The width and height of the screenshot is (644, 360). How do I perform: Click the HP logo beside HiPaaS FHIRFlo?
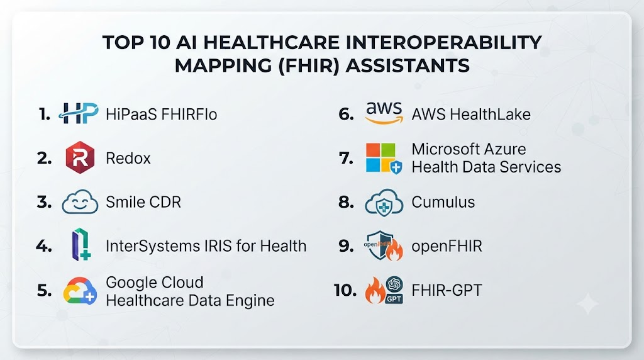[x=79, y=113]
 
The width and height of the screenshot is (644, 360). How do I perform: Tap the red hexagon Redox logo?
[x=80, y=157]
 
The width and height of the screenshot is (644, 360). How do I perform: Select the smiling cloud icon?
[x=80, y=202]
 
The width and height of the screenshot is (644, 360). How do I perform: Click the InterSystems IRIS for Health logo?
[x=81, y=245]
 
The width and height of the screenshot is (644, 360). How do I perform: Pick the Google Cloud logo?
[x=80, y=291]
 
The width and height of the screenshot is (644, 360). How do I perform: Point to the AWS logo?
[x=384, y=113]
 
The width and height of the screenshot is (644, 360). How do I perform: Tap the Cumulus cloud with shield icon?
[x=384, y=202]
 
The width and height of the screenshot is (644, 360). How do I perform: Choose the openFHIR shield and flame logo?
[x=383, y=245]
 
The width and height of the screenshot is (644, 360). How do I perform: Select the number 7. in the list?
[x=347, y=158]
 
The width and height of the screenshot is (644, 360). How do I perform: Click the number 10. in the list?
[x=345, y=291]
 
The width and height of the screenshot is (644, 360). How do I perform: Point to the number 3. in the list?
[x=45, y=202]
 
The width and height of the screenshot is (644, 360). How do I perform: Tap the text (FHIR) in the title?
[x=309, y=65]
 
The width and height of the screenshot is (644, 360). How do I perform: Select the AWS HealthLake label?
[x=471, y=115]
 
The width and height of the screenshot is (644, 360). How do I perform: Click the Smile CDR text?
[x=143, y=202]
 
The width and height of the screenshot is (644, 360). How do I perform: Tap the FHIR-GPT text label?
[x=447, y=291]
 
